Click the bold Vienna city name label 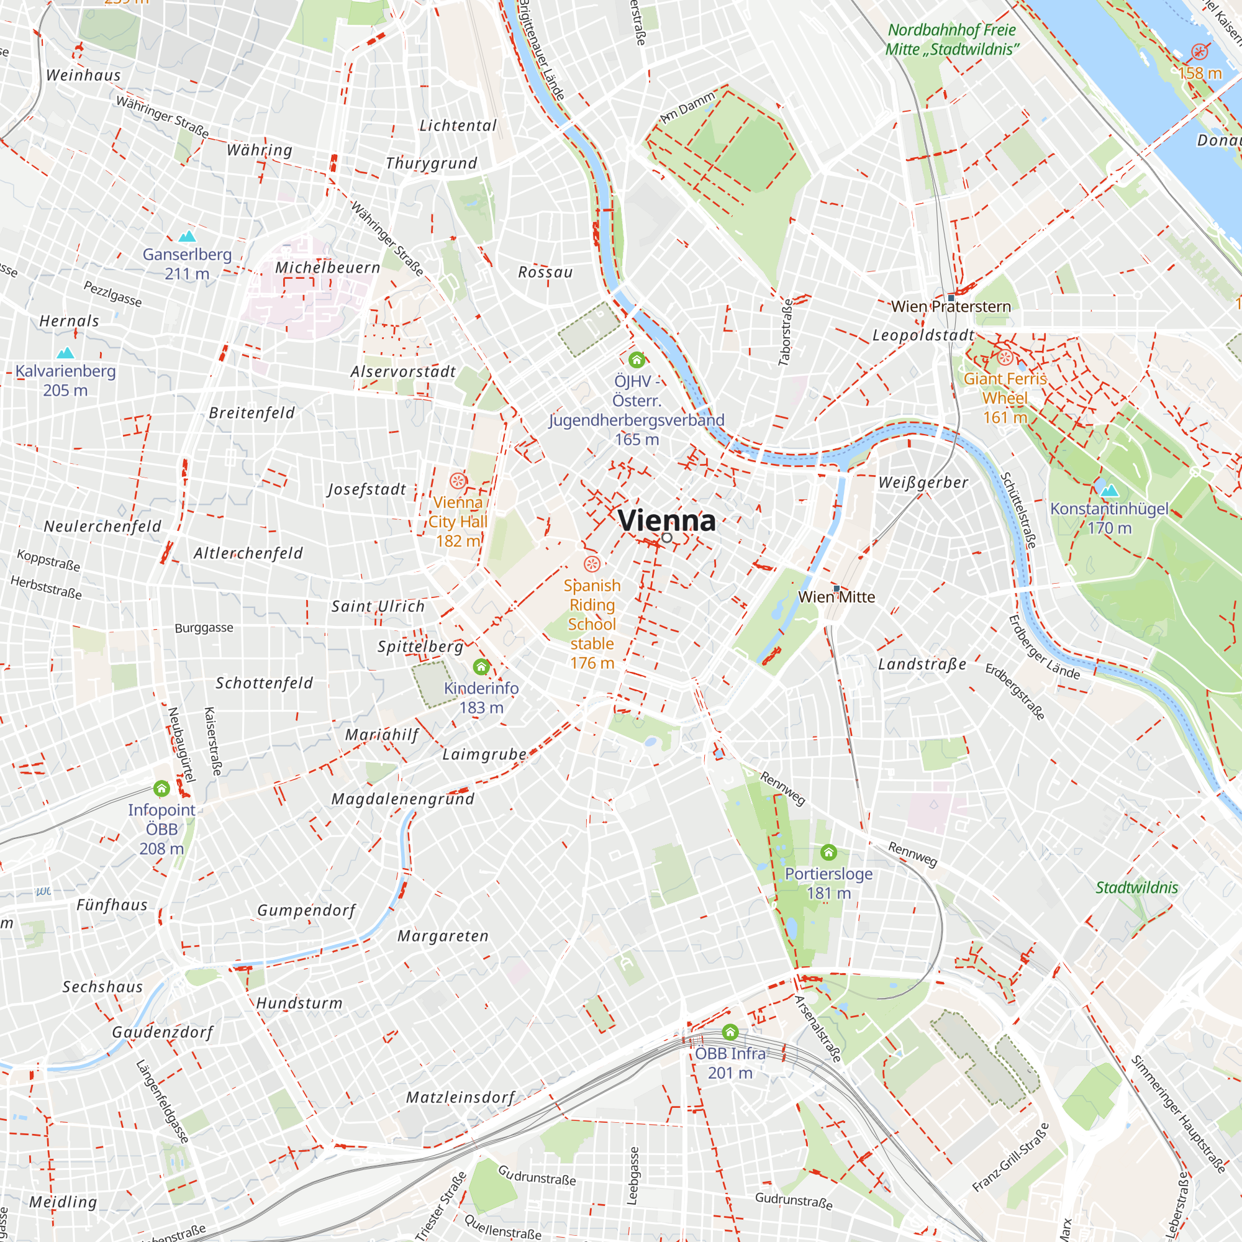(x=666, y=520)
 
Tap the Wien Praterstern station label (x=951, y=307)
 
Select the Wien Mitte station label (x=836, y=597)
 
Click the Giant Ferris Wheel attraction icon (x=1005, y=358)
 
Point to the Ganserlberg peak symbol (x=187, y=236)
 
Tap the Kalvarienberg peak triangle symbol (x=66, y=353)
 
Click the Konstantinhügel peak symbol (x=1110, y=491)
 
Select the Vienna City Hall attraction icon (x=458, y=481)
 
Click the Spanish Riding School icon (x=591, y=564)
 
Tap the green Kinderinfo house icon (x=481, y=666)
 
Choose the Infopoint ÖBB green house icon (x=161, y=788)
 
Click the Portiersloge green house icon (x=828, y=853)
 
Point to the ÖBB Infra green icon (x=730, y=1033)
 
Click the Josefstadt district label (x=367, y=490)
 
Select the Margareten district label (x=443, y=936)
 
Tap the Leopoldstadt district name (x=923, y=335)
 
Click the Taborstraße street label (x=786, y=332)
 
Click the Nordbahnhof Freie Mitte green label (x=951, y=39)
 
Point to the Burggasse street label (x=204, y=628)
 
